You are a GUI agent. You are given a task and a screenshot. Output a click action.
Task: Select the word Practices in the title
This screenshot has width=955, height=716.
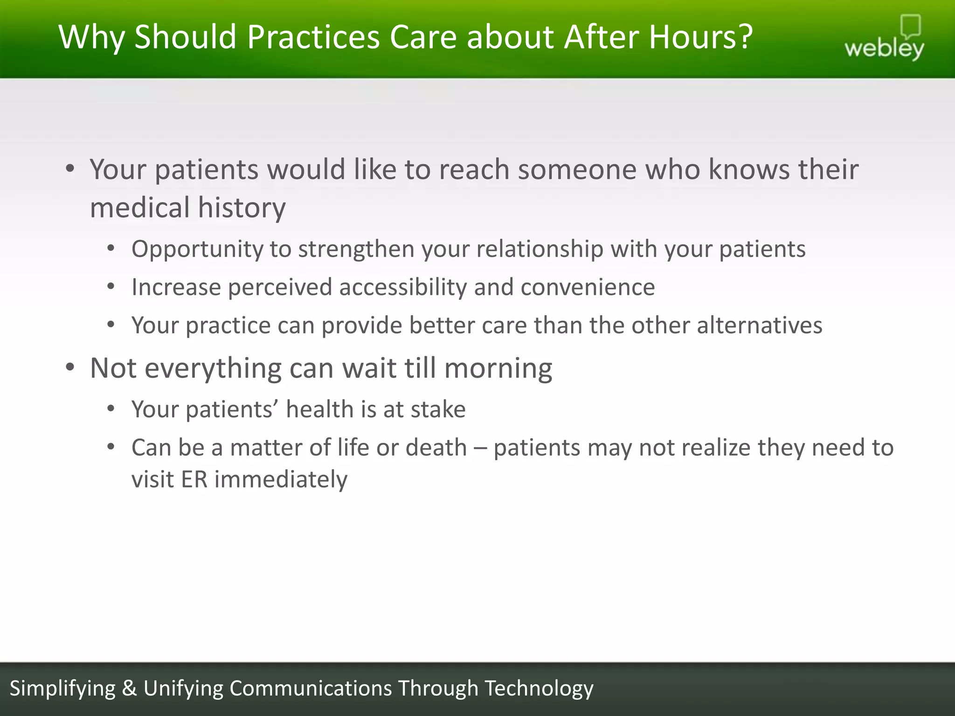[x=313, y=37]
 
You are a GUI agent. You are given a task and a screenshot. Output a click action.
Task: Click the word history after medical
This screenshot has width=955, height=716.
[x=242, y=208]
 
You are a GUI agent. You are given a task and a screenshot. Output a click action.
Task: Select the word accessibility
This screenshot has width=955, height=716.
[x=403, y=287]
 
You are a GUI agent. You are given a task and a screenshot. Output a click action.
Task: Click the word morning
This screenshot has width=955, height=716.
[x=498, y=369]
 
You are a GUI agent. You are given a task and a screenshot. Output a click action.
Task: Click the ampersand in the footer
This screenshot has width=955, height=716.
[x=129, y=688]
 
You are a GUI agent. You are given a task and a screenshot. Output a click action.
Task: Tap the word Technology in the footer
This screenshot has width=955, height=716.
[x=539, y=688]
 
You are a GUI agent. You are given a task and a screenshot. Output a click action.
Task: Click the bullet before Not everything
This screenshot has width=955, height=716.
[x=70, y=368]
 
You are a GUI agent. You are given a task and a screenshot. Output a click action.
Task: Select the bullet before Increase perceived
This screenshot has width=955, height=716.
[x=111, y=286]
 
